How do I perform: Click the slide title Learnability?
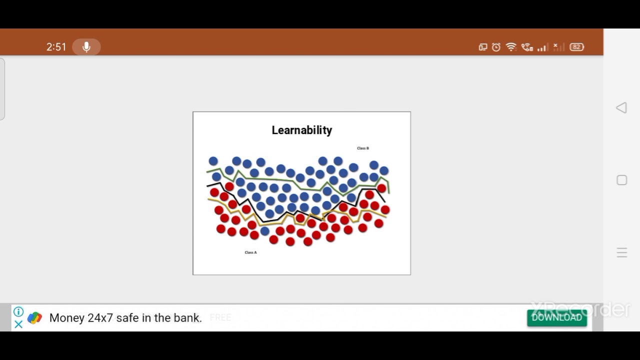(x=301, y=130)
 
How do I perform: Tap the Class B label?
(x=362, y=148)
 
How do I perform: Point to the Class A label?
(x=250, y=252)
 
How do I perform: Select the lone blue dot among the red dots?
(x=265, y=231)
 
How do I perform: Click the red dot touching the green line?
(x=381, y=188)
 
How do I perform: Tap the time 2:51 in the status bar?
(x=56, y=47)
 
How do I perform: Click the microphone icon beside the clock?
(x=86, y=47)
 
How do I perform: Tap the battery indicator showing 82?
(x=576, y=47)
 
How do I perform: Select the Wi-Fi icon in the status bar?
(x=510, y=47)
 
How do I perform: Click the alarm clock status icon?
(x=496, y=47)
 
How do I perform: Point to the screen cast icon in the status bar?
(x=482, y=47)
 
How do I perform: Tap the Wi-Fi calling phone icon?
(x=526, y=47)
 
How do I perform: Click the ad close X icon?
(x=18, y=324)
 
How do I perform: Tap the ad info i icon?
(x=18, y=312)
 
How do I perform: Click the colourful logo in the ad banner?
(x=34, y=318)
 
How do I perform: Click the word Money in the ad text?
(x=67, y=318)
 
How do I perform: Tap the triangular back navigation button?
(x=621, y=108)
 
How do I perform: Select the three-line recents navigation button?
(x=621, y=252)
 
